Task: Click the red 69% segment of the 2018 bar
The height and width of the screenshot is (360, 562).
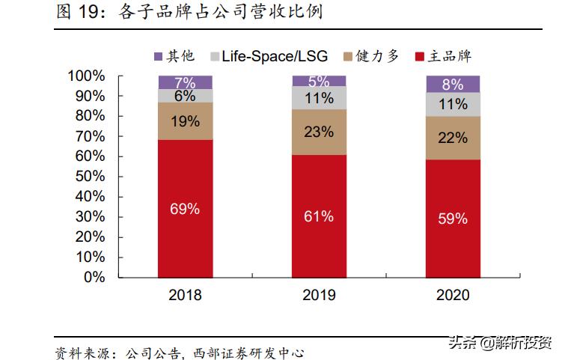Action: pyautogui.click(x=185, y=208)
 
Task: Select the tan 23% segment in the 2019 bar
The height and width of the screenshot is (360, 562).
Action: pyautogui.click(x=319, y=132)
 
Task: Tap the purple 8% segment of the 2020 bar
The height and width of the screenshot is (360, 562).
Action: pyautogui.click(x=453, y=84)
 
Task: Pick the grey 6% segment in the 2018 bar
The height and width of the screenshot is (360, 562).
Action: pyautogui.click(x=185, y=96)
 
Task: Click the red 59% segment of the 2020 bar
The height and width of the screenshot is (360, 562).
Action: pyautogui.click(x=453, y=218)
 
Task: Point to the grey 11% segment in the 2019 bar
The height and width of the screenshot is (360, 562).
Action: pyautogui.click(x=319, y=98)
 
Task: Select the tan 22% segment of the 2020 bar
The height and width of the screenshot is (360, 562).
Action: pyautogui.click(x=453, y=138)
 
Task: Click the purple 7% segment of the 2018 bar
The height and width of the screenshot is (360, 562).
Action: pyautogui.click(x=185, y=82)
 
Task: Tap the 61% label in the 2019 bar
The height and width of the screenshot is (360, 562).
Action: pyautogui.click(x=319, y=216)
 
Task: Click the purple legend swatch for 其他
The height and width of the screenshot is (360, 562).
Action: pyautogui.click(x=158, y=57)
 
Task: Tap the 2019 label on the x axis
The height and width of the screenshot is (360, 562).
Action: pyautogui.click(x=319, y=296)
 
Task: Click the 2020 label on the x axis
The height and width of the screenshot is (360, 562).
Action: pyautogui.click(x=453, y=296)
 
